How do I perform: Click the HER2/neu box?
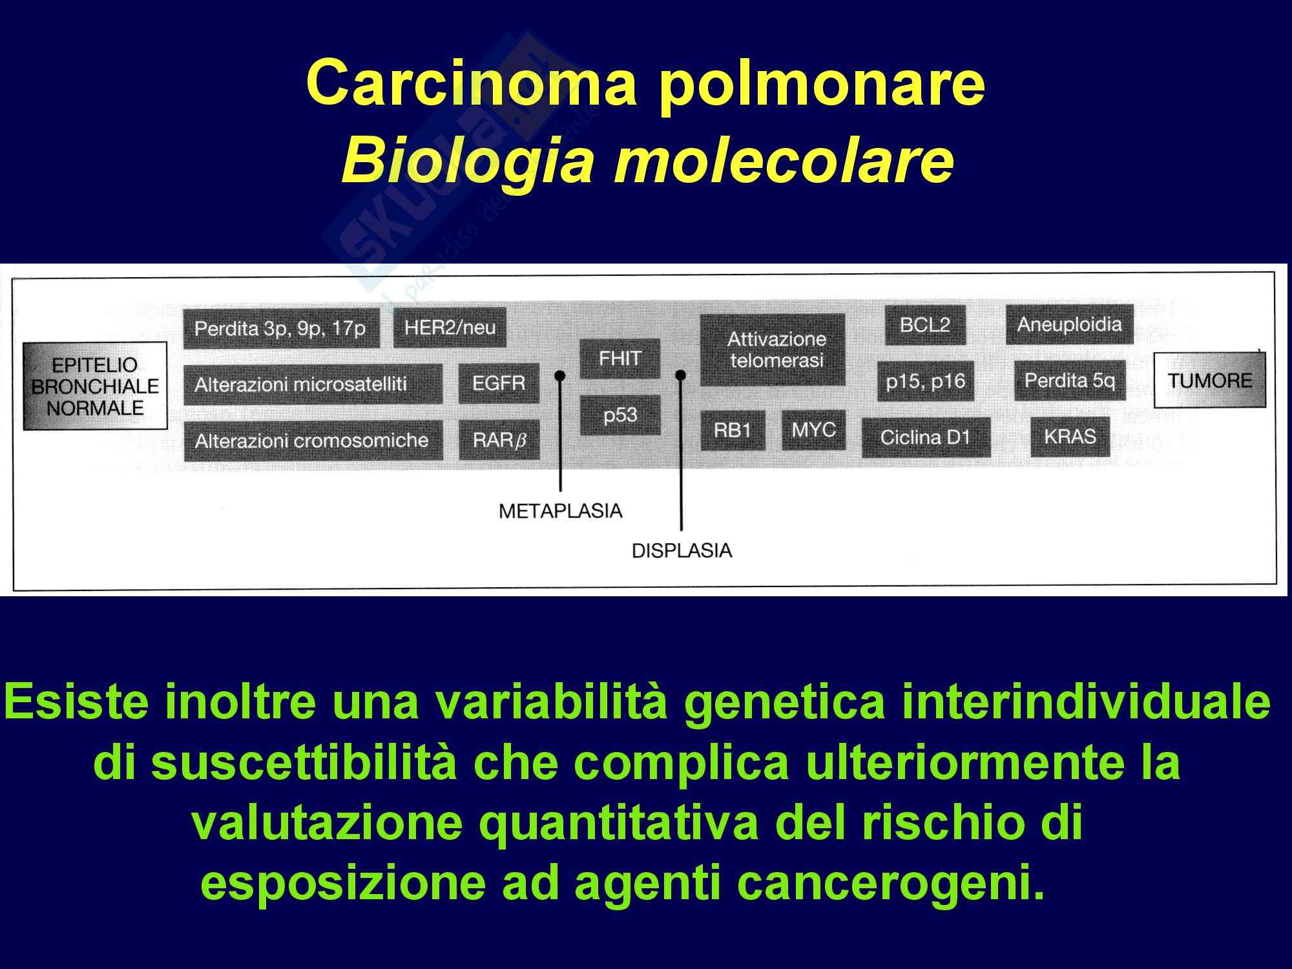coord(450,328)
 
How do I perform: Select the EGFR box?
coord(498,383)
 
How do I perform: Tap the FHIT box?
coord(620,359)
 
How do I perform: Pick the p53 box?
coord(620,415)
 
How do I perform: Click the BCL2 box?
coord(924,325)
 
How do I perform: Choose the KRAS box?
coord(1070,437)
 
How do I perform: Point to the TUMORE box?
coord(1209,380)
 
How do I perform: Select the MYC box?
coord(813,430)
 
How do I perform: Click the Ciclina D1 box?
coord(925,438)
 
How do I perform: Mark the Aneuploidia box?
coord(1069,324)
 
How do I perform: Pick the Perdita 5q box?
coord(1069,380)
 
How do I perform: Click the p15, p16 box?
coord(925,381)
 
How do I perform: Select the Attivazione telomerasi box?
coord(773,349)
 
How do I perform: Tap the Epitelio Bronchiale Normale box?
coord(95,386)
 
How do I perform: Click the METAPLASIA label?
coord(560,511)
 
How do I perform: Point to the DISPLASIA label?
coord(682,551)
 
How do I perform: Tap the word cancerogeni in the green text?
coord(881,885)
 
